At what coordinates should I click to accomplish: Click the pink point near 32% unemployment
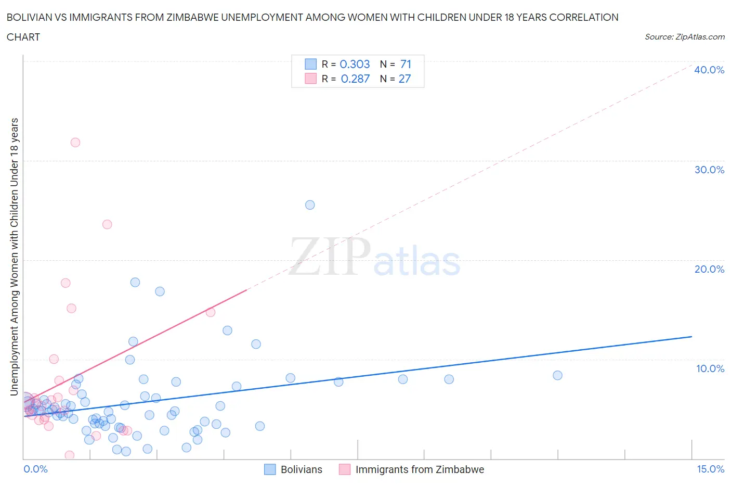tap(75, 143)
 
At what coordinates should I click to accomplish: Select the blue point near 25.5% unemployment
tap(310, 205)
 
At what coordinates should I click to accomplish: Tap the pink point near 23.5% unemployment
tap(107, 224)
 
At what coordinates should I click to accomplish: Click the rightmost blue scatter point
tap(557, 375)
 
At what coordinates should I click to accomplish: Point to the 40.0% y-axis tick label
tap(709, 70)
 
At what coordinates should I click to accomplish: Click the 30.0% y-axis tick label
tap(709, 170)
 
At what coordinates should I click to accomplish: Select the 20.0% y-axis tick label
tap(709, 269)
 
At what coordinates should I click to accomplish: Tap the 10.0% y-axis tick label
tap(710, 368)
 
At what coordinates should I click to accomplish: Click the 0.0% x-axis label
tap(35, 469)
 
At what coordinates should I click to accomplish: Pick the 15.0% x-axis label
tap(710, 469)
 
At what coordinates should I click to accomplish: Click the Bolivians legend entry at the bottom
tap(301, 469)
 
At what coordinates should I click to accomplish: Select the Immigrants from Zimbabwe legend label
tap(420, 469)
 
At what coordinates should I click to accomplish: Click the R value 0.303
tap(355, 64)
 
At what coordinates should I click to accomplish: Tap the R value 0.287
tap(355, 79)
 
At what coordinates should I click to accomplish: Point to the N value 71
tap(406, 64)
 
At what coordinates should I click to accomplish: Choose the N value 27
tap(404, 79)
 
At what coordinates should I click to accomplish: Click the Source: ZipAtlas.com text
tap(684, 36)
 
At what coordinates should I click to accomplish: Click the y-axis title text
tap(15, 257)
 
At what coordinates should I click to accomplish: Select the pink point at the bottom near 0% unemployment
tap(69, 455)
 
